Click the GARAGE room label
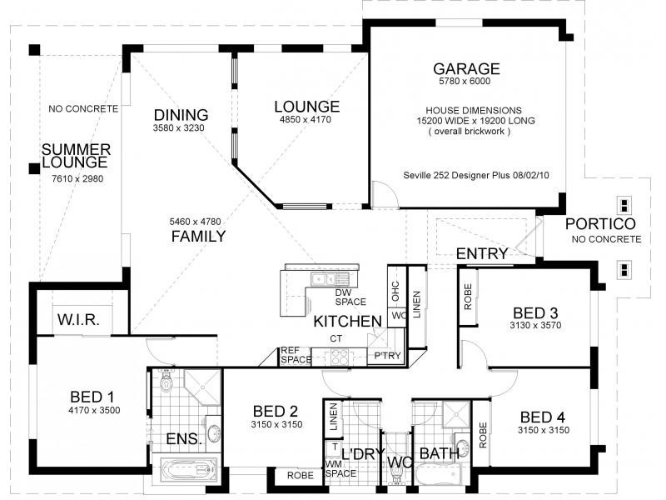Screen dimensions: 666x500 coord(466,69)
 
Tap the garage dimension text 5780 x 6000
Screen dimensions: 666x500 coord(465,81)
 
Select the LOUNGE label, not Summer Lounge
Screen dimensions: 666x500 coord(306,107)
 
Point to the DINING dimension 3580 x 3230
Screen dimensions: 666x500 coord(178,128)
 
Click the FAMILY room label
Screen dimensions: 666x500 coord(198,237)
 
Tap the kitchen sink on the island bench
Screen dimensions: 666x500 coord(330,279)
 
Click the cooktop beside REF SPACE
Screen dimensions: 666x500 coord(340,357)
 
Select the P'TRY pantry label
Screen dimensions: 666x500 coord(387,356)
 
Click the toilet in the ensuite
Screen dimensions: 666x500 coord(166,382)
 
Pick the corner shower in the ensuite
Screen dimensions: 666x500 coord(203,387)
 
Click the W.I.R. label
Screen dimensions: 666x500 coord(78,320)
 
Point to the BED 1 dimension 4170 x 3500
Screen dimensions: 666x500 coord(94,410)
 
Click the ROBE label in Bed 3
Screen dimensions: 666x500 coord(468,297)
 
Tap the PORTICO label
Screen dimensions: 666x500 coord(600,223)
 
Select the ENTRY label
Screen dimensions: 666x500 coord(482,254)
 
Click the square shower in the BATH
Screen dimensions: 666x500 coord(456,413)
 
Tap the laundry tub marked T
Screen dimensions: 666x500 coord(335,447)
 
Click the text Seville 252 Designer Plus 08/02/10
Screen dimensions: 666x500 coord(476,175)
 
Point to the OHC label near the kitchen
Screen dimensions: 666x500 coord(395,291)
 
